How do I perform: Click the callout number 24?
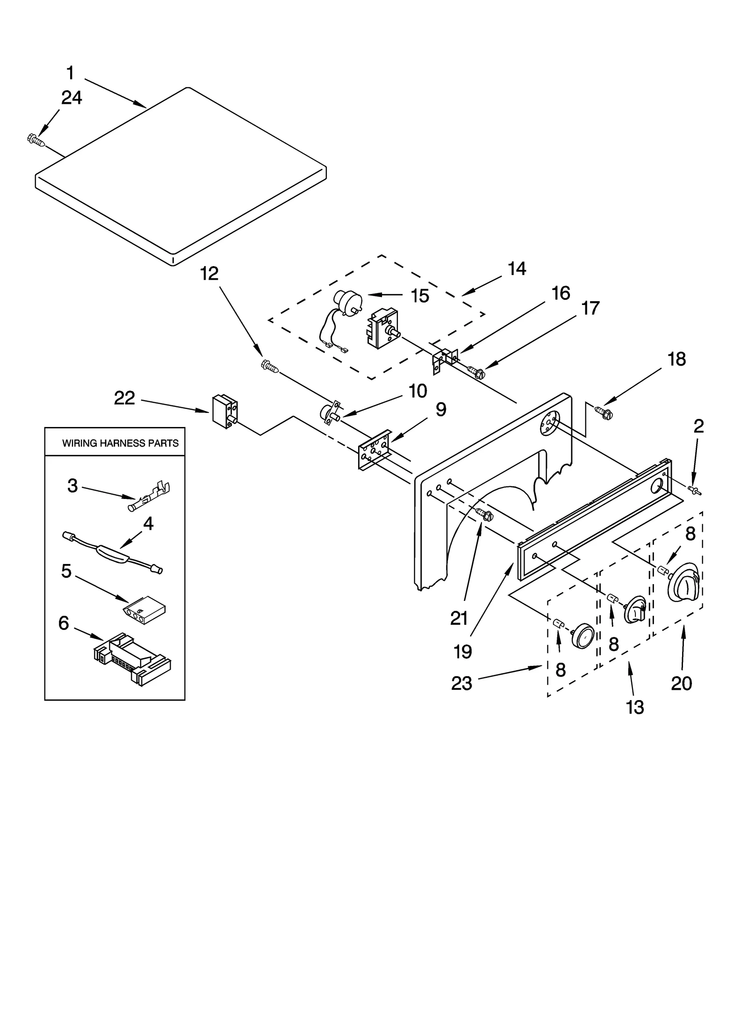point(72,98)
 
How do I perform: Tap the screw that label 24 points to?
point(36,140)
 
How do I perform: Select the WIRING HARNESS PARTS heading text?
point(120,443)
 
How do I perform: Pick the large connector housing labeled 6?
point(132,659)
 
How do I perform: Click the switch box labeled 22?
point(224,412)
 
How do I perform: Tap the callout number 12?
point(209,274)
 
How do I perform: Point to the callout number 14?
point(517,269)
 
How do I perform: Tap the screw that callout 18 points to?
point(604,412)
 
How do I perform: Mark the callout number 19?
point(462,651)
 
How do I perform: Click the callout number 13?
point(635,707)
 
